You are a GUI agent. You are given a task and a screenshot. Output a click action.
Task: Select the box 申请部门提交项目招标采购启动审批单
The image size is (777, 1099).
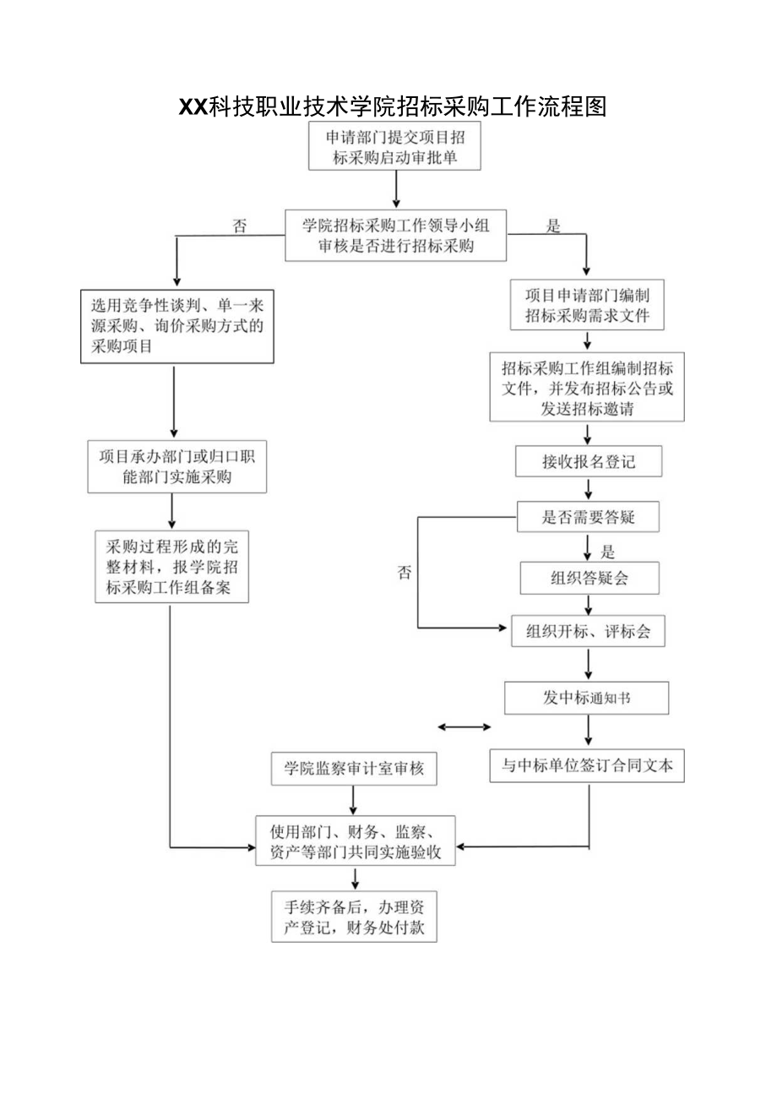coord(395,146)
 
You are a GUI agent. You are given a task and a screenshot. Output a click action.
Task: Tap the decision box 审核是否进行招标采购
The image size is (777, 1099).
coord(396,235)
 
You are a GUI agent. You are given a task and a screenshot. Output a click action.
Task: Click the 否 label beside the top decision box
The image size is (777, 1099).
coord(241,226)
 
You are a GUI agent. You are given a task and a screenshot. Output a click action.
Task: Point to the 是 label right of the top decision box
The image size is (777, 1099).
coord(554,226)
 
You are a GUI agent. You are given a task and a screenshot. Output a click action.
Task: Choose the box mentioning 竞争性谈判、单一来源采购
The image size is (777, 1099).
coord(177,326)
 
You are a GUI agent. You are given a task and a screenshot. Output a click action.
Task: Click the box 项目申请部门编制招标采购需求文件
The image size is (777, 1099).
coord(587,305)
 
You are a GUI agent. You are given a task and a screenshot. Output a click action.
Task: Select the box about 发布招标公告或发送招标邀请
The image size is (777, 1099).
coord(587,388)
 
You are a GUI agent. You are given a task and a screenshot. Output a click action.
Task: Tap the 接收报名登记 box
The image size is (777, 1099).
coord(588,461)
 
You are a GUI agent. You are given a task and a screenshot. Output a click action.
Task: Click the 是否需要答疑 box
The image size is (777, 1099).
coord(588,517)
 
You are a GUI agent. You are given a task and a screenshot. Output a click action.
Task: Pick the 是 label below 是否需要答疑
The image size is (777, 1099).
coord(607,552)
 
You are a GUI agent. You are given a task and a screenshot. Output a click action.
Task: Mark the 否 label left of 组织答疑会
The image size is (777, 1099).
coord(405,572)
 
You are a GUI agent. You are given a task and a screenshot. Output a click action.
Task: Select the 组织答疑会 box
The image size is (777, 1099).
coord(589,579)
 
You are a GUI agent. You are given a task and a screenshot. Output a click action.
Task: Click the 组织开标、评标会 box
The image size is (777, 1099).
coord(588,631)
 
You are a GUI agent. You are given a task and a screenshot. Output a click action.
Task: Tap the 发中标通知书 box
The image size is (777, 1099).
coord(587,698)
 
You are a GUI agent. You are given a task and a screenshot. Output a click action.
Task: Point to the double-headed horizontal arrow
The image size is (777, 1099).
coord(465,726)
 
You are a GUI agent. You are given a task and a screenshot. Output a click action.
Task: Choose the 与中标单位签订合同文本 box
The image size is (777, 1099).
coord(587,766)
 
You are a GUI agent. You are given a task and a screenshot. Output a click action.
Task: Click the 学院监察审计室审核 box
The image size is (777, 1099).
coord(354,769)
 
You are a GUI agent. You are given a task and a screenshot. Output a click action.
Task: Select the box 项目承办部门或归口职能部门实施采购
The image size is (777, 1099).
coord(177,466)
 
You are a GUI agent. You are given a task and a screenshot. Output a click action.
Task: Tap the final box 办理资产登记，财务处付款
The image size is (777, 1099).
coord(354,917)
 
